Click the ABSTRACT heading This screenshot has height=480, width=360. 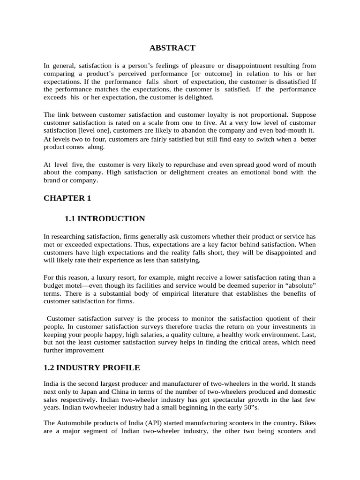[x=172, y=48]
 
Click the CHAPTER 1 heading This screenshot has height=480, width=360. [x=67, y=198]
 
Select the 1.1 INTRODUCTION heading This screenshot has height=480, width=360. [x=105, y=219]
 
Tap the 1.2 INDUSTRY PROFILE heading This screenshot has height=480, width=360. [x=91, y=367]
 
